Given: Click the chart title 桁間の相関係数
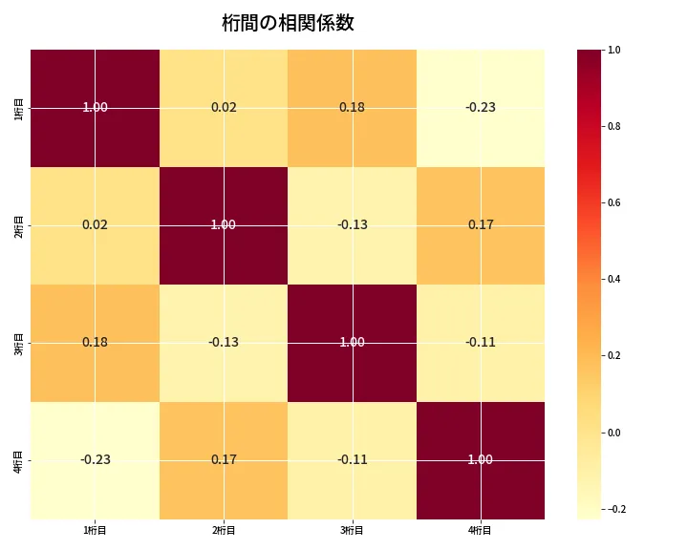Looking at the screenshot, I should click(x=288, y=23).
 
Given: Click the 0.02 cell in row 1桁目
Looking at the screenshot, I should click(x=224, y=107).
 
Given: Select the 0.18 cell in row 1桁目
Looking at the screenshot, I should click(x=352, y=107).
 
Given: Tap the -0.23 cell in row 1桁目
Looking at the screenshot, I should click(x=481, y=107).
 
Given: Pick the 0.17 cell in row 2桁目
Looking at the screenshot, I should click(x=481, y=224).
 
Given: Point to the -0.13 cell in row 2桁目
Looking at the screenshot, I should click(x=352, y=224).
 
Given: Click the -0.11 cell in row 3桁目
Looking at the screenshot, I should click(x=481, y=342).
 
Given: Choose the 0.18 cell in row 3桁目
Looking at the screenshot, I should click(x=95, y=342).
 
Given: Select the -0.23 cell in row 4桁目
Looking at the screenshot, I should click(x=95, y=459).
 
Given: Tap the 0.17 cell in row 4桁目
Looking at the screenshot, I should click(x=224, y=459).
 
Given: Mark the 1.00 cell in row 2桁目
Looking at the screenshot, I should click(x=224, y=224).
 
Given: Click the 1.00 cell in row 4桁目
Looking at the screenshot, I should click(x=481, y=459).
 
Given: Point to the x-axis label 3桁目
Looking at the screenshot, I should click(x=352, y=531).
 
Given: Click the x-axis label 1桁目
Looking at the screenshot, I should click(x=95, y=531).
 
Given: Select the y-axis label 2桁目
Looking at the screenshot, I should click(x=19, y=224).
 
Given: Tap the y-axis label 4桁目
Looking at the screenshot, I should click(x=19, y=459).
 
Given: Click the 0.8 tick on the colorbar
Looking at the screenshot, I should click(x=615, y=126).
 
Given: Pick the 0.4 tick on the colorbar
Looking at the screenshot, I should click(x=615, y=279).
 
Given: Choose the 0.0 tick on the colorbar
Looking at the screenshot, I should click(x=615, y=433).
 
